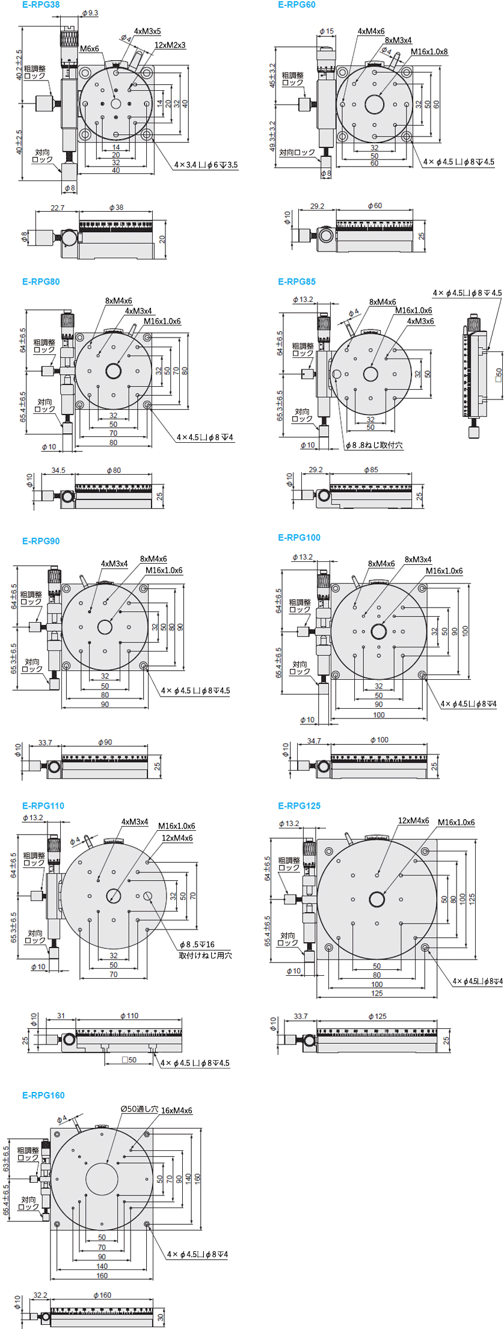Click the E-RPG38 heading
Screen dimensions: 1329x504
click(x=41, y=5)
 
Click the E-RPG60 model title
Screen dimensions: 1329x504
click(x=297, y=5)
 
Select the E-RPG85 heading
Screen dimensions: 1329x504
click(x=297, y=282)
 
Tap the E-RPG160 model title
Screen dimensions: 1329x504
click(x=43, y=1095)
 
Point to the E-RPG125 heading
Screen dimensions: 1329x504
click(x=299, y=806)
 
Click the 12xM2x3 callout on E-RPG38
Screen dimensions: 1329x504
click(x=170, y=45)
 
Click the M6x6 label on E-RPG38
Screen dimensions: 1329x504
click(x=90, y=49)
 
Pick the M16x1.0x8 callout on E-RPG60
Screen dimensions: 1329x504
click(x=429, y=52)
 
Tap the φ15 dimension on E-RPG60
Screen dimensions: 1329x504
click(x=327, y=31)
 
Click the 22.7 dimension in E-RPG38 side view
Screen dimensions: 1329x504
click(x=57, y=208)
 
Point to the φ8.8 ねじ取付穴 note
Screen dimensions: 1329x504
click(x=374, y=445)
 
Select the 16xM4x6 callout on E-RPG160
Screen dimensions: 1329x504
click(x=176, y=1110)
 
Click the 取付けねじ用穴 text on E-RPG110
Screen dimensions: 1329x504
click(x=205, y=955)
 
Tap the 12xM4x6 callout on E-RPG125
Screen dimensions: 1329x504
click(x=413, y=820)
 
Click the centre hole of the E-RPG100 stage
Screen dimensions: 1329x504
click(x=378, y=631)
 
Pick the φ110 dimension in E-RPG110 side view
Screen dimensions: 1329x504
click(x=129, y=1016)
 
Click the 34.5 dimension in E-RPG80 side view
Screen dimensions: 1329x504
click(x=58, y=470)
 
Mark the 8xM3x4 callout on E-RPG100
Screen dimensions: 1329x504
click(x=418, y=560)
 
